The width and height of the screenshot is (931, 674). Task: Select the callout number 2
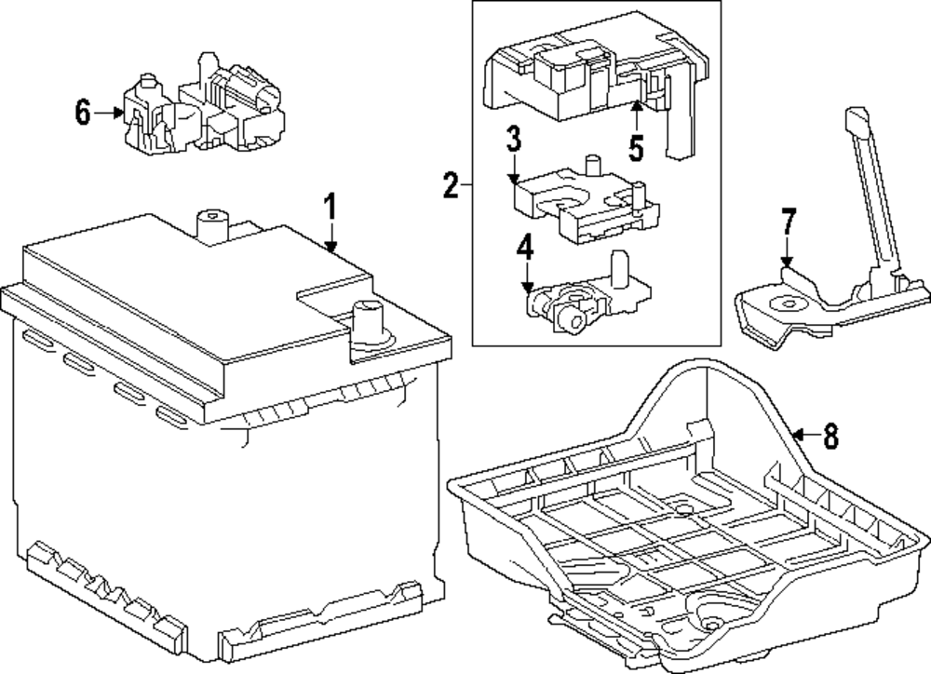[x=451, y=187]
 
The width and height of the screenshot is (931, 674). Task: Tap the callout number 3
[x=513, y=142]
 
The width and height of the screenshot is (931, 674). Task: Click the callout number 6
[x=83, y=114]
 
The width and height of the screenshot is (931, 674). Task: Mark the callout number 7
[x=788, y=223]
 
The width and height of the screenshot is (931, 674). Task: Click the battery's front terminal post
[x=369, y=321]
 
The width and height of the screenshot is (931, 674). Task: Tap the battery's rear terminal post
[x=213, y=223]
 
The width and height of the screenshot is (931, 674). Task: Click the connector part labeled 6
[x=205, y=112]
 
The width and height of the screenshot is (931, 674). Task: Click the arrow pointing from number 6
[x=112, y=114]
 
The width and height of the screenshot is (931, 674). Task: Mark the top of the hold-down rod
[x=854, y=118]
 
